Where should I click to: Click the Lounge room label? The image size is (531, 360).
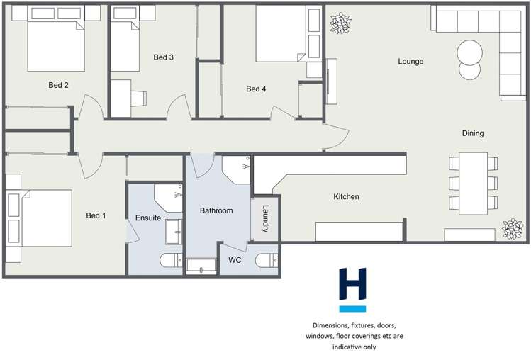410,62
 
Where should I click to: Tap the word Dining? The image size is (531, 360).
473,133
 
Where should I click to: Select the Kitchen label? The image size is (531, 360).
346,196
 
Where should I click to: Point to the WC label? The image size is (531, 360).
235,260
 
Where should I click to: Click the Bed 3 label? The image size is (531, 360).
163,57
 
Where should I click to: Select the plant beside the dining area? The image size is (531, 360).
512,229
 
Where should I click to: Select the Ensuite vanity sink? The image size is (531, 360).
174,231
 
